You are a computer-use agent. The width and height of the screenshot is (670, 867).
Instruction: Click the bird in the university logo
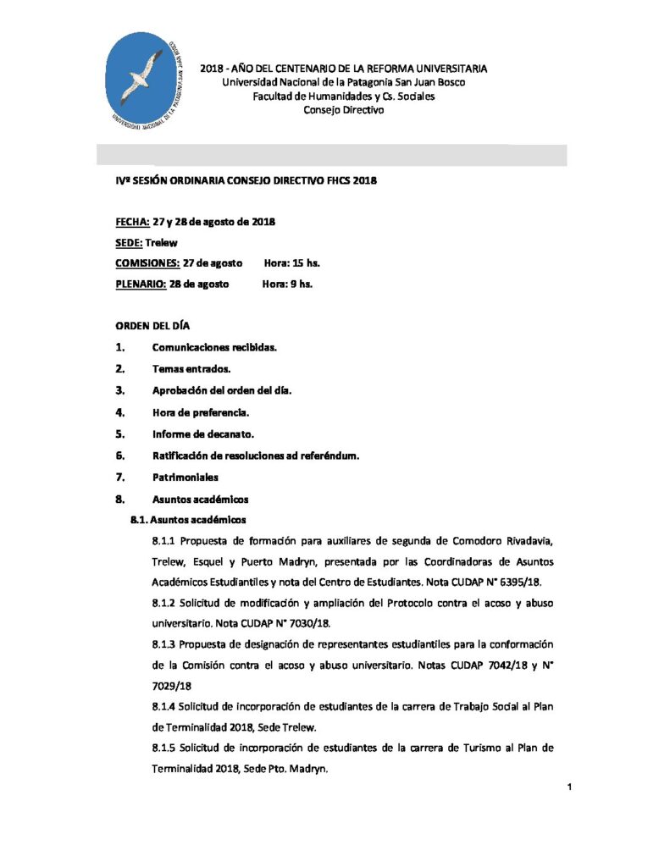pyautogui.click(x=143, y=77)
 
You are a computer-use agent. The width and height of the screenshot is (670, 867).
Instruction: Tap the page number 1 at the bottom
pyautogui.click(x=570, y=788)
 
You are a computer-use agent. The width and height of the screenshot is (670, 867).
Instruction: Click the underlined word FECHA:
pyautogui.click(x=132, y=222)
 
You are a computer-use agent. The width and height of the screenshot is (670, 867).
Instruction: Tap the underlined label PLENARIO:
pyautogui.click(x=141, y=284)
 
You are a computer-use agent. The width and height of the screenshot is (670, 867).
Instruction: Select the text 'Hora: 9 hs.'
pyautogui.click(x=287, y=284)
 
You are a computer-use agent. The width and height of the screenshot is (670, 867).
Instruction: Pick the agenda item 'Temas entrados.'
pyautogui.click(x=191, y=368)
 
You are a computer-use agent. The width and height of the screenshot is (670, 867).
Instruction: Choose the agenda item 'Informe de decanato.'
pyautogui.click(x=204, y=433)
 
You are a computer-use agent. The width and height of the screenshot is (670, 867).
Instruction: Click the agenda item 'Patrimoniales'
pyautogui.click(x=185, y=477)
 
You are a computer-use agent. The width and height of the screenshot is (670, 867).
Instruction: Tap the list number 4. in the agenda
pyautogui.click(x=120, y=412)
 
